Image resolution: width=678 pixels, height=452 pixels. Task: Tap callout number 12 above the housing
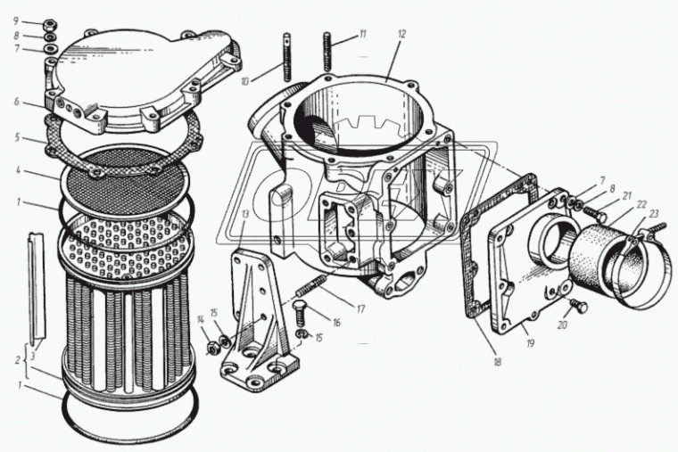[x=402, y=35]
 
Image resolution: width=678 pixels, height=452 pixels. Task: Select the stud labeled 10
[x=286, y=57]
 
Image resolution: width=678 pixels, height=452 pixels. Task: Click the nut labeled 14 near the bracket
[x=212, y=347]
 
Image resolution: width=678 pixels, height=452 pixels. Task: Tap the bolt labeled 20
[x=579, y=306]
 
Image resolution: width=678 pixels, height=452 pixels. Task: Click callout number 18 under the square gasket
[x=497, y=361]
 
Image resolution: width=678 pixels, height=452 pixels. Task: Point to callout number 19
[x=530, y=343]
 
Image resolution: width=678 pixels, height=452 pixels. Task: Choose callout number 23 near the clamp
[x=653, y=213]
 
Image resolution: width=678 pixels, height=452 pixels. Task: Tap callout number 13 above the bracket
[x=245, y=215]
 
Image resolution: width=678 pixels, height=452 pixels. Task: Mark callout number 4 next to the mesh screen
[x=18, y=171]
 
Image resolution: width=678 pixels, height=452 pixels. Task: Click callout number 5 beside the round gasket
[x=17, y=137]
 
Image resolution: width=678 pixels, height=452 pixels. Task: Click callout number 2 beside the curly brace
[x=18, y=359]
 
